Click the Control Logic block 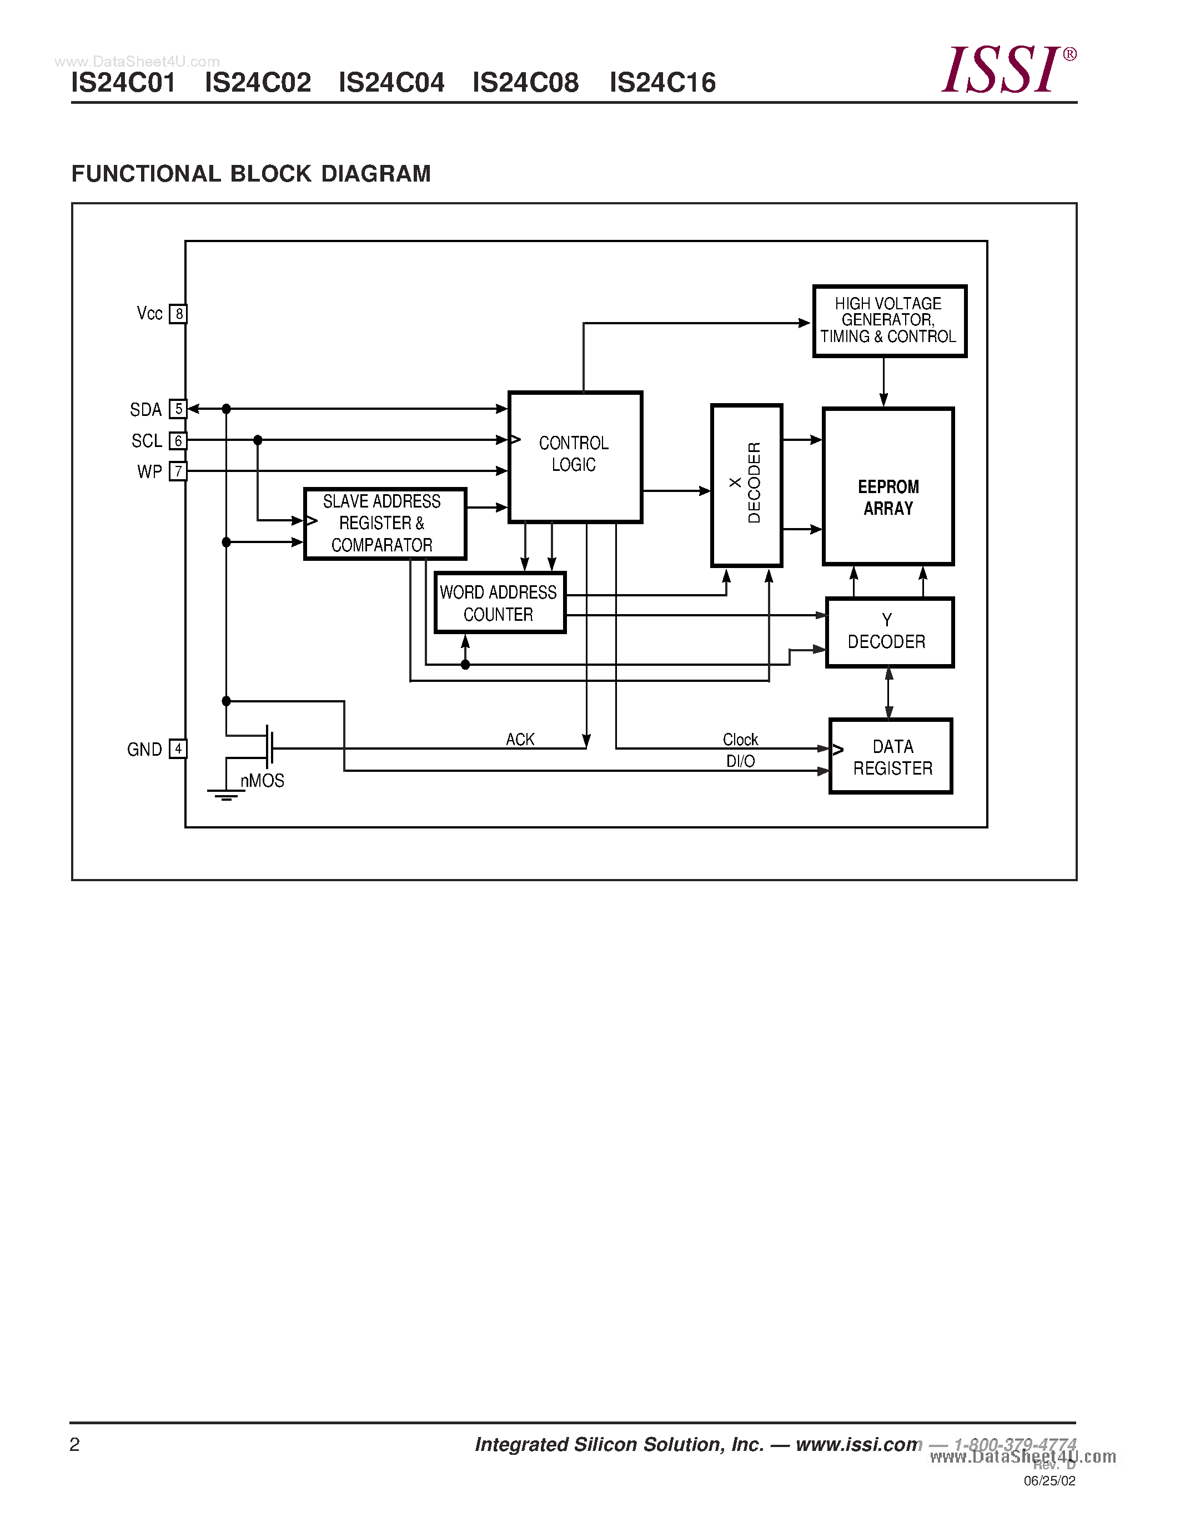(x=575, y=456)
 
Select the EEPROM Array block (x=888, y=486)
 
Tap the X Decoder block (x=746, y=485)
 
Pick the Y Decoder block (x=888, y=632)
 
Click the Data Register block (x=891, y=756)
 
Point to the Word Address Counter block (x=499, y=602)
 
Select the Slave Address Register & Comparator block (x=384, y=524)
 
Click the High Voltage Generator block (x=889, y=321)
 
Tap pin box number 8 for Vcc (x=178, y=314)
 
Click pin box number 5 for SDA (x=178, y=409)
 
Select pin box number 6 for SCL (x=178, y=440)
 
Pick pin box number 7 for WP (x=178, y=471)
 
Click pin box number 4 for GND (x=178, y=749)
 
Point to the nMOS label (x=262, y=780)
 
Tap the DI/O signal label (x=740, y=761)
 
